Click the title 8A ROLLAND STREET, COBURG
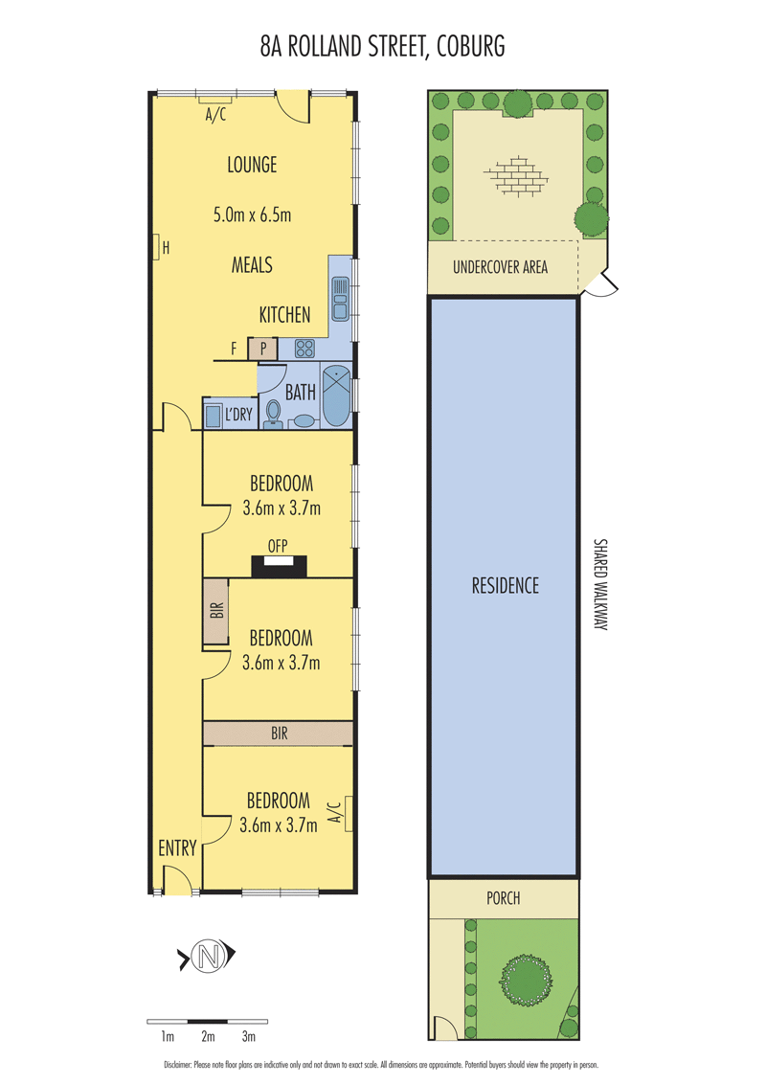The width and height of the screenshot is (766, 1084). [382, 46]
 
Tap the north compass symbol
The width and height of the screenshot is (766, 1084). [208, 957]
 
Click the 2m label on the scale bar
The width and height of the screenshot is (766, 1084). [208, 1036]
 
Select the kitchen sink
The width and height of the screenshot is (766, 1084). [341, 299]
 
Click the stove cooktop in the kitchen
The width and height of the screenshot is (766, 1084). [304, 349]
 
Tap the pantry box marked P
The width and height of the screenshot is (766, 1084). [262, 349]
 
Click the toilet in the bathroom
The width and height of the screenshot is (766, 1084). [273, 415]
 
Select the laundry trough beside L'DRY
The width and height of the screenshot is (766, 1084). [213, 417]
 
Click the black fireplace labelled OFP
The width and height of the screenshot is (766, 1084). [279, 566]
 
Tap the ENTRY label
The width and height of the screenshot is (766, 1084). [178, 848]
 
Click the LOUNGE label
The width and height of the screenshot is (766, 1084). [253, 165]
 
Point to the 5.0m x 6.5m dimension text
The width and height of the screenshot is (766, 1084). [253, 215]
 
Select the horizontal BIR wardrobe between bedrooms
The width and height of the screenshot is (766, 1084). [278, 734]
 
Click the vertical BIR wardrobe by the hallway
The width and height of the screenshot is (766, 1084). [215, 611]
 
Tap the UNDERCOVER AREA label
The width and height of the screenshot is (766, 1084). [500, 267]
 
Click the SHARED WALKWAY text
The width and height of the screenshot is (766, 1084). [600, 584]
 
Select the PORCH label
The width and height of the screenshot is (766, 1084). [504, 898]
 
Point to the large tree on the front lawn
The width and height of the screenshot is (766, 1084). [527, 981]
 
